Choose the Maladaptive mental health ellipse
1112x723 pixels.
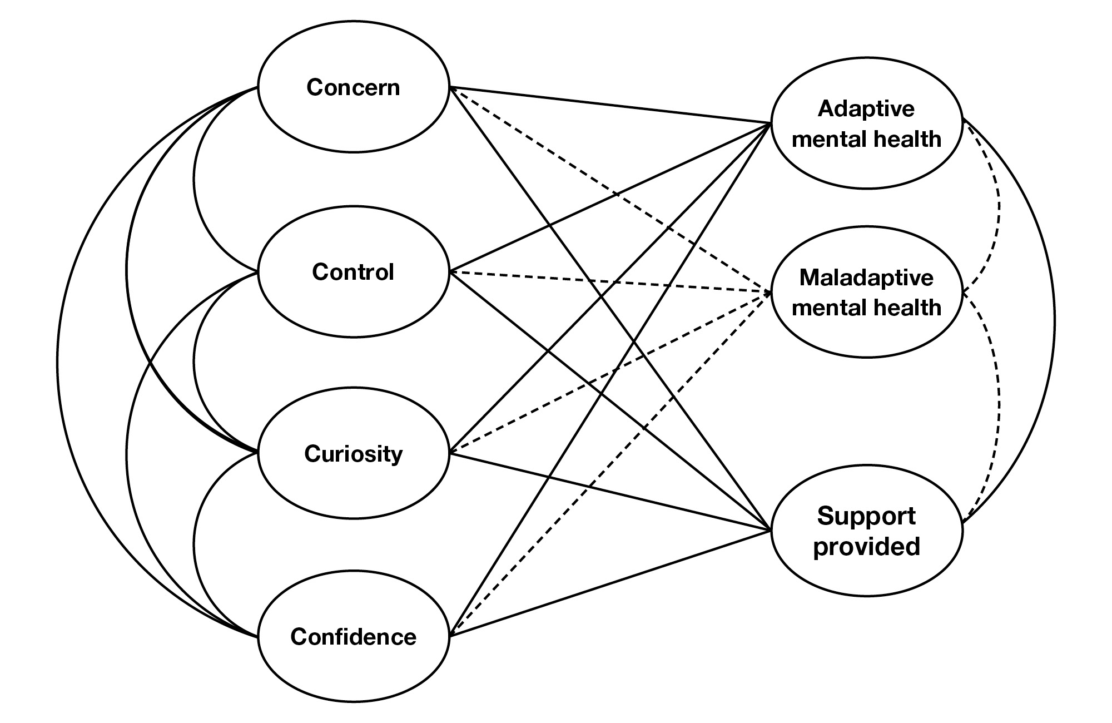pos(866,334)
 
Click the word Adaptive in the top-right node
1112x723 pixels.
pos(866,109)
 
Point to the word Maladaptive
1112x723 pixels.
pos(866,278)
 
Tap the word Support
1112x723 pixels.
pos(866,517)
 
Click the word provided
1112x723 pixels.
pos(866,546)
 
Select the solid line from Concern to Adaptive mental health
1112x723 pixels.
pos(612,105)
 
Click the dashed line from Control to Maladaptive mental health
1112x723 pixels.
pos(612,282)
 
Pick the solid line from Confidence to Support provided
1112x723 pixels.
pos(612,581)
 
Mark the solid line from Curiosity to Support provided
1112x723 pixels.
pos(612,492)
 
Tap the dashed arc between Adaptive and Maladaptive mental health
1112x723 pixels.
pos(999,206)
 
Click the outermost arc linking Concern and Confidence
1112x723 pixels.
pos(58,361)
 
